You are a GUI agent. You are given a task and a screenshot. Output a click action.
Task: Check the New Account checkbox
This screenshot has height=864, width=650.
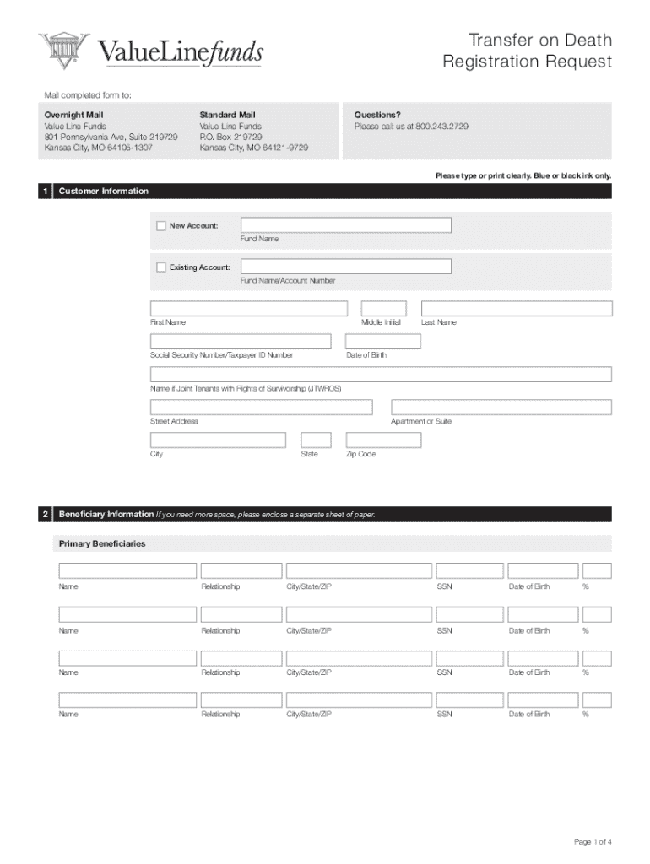pos(161,225)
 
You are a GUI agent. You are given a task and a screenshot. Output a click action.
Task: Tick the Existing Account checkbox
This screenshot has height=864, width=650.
pos(161,267)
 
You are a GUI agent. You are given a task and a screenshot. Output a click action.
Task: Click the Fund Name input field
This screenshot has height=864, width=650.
pos(345,225)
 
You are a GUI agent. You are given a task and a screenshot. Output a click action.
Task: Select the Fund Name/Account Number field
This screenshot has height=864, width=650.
pos(345,267)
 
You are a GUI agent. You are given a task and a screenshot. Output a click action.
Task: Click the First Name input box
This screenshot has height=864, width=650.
pos(248,309)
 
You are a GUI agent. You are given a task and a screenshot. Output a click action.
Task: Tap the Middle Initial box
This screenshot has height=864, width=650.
pos(383,309)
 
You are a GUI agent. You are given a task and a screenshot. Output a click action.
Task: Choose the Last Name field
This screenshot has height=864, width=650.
pos(516,309)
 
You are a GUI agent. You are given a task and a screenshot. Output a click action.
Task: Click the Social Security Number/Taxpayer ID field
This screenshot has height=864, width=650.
pos(241,342)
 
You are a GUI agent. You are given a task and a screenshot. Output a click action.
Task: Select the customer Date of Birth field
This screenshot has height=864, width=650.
pos(382,342)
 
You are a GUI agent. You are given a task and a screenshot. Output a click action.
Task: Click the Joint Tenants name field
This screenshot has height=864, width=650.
pos(381,375)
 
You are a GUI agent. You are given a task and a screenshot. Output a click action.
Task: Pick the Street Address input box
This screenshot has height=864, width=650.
pos(261,408)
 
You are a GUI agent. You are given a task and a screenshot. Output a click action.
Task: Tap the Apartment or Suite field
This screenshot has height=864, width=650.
pos(501,408)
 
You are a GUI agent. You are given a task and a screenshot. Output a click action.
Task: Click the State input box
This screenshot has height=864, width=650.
pos(316,440)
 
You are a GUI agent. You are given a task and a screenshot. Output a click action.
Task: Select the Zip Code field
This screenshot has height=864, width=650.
pos(383,440)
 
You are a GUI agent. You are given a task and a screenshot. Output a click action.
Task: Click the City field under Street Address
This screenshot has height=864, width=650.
pos(218,440)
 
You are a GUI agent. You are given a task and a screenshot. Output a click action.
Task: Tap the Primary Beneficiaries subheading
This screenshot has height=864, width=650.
pos(100,543)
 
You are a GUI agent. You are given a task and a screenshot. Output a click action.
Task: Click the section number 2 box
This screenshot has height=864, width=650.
pos(45,514)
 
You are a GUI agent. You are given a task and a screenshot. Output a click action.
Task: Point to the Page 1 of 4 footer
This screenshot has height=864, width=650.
pos(592,841)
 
